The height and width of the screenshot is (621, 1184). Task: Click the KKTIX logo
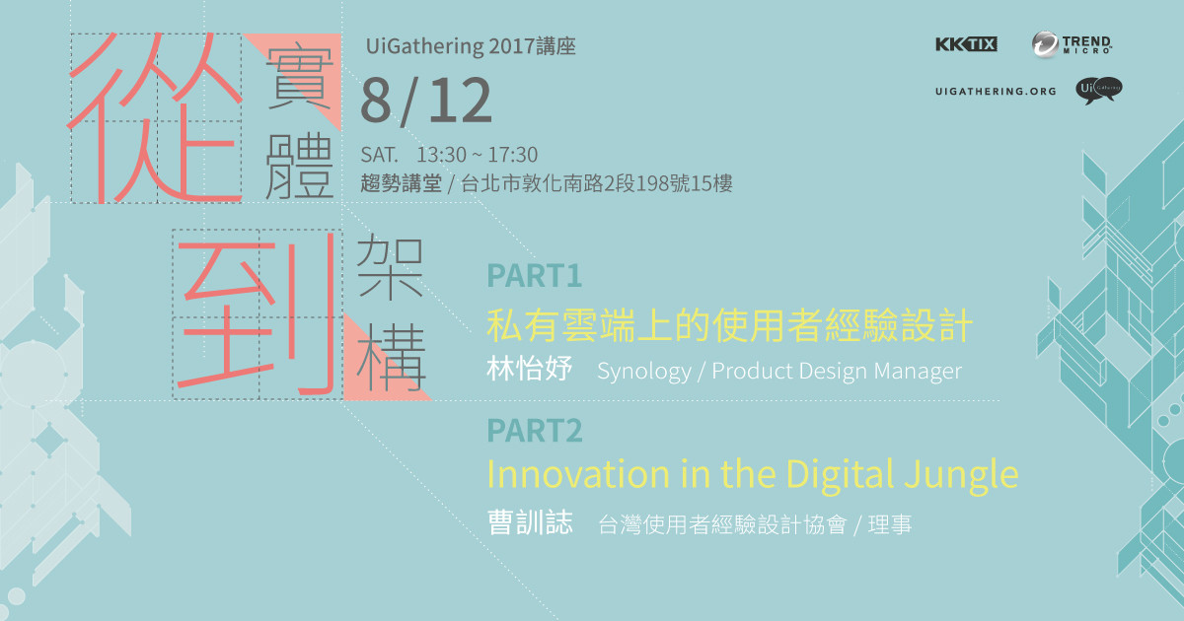[x=966, y=43]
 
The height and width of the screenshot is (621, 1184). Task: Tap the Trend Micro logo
[x=1072, y=43]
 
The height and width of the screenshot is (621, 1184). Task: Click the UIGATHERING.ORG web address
[x=996, y=92]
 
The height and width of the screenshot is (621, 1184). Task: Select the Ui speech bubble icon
[x=1099, y=91]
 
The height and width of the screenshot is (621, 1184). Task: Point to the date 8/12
[x=426, y=102]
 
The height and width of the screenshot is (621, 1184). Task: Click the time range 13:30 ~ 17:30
[x=477, y=155]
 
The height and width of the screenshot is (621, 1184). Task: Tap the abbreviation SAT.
[x=379, y=155]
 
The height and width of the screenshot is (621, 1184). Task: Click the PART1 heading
[x=535, y=276]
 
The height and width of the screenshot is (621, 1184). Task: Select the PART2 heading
[x=535, y=431]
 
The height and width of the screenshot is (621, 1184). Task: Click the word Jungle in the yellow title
[x=961, y=475]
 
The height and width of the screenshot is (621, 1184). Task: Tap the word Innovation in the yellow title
[x=578, y=474]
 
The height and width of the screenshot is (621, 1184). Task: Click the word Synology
[x=643, y=372]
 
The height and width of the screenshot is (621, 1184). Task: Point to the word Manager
[x=918, y=372]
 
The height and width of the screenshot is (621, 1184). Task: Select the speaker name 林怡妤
[x=529, y=369]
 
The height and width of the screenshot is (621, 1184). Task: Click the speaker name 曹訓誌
[x=530, y=522]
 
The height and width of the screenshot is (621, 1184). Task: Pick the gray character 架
[x=390, y=267]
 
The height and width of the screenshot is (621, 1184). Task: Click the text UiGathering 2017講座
[x=471, y=46]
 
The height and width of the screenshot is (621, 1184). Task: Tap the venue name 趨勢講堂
[x=402, y=183]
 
